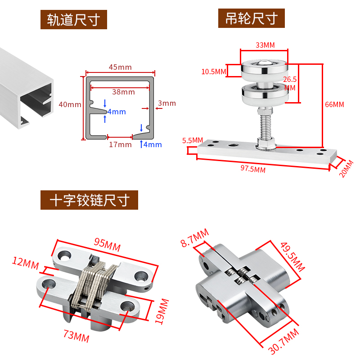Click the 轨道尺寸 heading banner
pyautogui.click(x=73, y=20)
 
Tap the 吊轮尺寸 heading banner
pyautogui.click(x=252, y=18)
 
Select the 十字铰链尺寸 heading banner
pyautogui.click(x=89, y=200)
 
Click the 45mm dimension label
pyautogui.click(x=120, y=67)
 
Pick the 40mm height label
pyautogui.click(x=70, y=104)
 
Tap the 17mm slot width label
pyautogui.click(x=121, y=144)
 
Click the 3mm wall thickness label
pyautogui.click(x=166, y=103)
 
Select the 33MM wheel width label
pyautogui.click(x=265, y=45)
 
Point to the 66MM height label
pyautogui.click(x=334, y=104)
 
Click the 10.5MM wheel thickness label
pyautogui.click(x=214, y=72)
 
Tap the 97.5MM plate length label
pyautogui.click(x=253, y=169)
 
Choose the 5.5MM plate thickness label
pyautogui.click(x=193, y=140)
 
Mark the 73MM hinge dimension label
pyautogui.click(x=75, y=337)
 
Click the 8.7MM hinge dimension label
pyautogui.click(x=194, y=238)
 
